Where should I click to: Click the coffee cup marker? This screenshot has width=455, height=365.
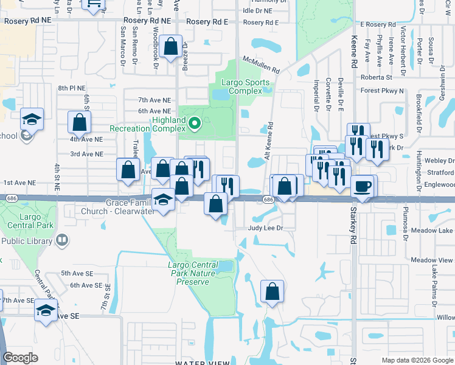[x=363, y=186]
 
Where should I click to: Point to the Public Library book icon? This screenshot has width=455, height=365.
[x=61, y=240]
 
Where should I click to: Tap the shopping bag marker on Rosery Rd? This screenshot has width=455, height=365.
[x=172, y=46]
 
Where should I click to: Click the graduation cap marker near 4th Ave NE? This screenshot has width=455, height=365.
[x=32, y=119]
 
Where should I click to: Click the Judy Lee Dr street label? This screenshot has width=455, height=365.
[x=266, y=228]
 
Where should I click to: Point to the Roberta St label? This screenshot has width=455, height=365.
[x=376, y=77]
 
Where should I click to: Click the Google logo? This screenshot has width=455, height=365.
[x=21, y=358]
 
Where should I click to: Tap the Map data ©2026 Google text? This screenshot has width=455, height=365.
[x=417, y=360]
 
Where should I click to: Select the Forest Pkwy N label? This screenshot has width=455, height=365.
[x=382, y=91]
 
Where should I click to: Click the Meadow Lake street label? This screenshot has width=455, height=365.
[x=431, y=231]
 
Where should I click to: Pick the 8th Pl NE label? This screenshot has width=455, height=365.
[x=73, y=88]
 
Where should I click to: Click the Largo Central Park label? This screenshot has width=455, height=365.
[x=29, y=220]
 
